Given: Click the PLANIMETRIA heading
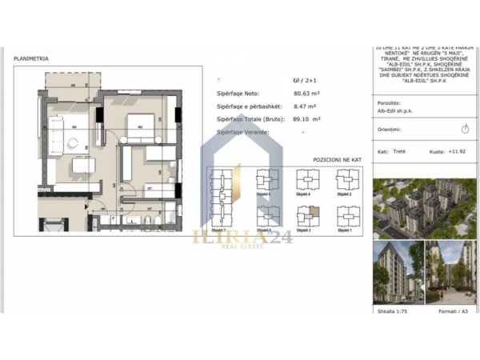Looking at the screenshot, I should [31, 58].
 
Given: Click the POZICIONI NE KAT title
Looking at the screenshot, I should [337, 160].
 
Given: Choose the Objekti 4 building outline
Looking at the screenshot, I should [306, 181].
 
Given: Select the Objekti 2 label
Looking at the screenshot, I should [345, 194].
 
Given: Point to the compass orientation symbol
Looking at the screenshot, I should [465, 128].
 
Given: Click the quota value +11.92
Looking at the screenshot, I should [457, 150].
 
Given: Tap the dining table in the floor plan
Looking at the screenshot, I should [83, 165].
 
